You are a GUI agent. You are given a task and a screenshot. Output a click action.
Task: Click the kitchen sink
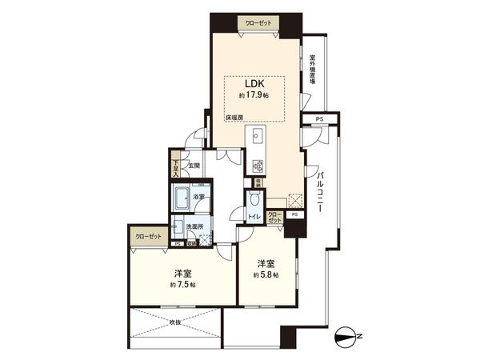coord(258,135)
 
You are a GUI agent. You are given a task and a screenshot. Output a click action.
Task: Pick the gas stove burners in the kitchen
coord(258,166)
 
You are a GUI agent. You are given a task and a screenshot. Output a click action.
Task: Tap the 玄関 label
coord(194,166)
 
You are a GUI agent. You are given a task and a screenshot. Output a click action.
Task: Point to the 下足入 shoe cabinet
coord(175,166)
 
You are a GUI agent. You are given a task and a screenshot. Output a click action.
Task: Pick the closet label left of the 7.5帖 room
coord(147,237)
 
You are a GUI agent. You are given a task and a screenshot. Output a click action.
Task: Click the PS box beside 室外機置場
coord(319,119)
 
